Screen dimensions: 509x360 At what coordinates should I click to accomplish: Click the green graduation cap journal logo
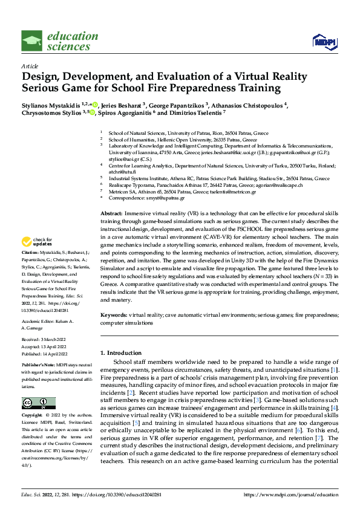[31, 41]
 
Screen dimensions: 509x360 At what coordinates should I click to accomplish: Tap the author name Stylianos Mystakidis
[48, 103]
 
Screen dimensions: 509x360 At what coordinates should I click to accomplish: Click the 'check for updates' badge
[41, 242]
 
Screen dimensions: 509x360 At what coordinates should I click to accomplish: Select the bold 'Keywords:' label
[114, 315]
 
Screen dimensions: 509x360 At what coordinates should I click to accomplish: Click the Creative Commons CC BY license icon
[38, 403]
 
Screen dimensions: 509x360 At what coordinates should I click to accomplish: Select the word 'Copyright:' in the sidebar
[33, 416]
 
